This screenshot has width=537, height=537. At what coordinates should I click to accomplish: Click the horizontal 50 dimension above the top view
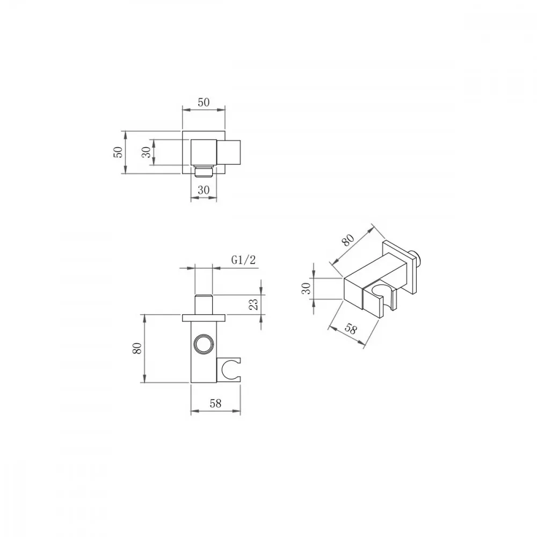pyautogui.click(x=204, y=102)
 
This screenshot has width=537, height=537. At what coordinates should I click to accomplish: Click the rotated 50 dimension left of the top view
pyautogui.click(x=118, y=152)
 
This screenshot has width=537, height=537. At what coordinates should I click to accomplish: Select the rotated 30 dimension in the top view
pyautogui.click(x=146, y=152)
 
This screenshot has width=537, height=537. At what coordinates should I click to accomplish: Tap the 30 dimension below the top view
pyautogui.click(x=204, y=190)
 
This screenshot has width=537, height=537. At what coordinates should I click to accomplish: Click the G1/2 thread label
pyautogui.click(x=243, y=260)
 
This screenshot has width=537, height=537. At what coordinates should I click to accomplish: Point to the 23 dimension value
pyautogui.click(x=253, y=304)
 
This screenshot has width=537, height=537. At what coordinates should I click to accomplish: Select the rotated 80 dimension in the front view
pyautogui.click(x=137, y=349)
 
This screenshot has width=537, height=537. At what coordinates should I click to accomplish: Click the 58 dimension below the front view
pyautogui.click(x=215, y=404)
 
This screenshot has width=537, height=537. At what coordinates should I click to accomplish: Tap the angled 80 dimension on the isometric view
pyautogui.click(x=348, y=240)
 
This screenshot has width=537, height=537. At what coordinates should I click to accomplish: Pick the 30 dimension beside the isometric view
pyautogui.click(x=307, y=288)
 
